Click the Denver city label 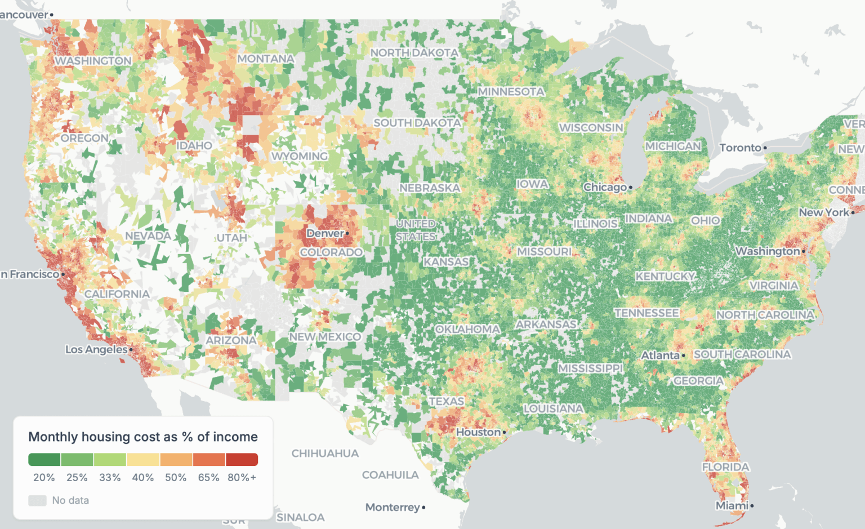pos(325,233)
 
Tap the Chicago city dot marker pos(631,188)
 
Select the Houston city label pos(478,432)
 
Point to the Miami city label pos(732,506)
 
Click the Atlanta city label pos(660,355)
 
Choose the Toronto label pos(740,148)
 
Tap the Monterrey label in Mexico pos(393,507)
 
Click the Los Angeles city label pos(96,349)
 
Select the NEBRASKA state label pos(430,188)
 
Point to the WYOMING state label pos(299,156)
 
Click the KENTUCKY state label pos(665,276)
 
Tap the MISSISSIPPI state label pos(590,368)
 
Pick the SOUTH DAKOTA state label pos(417,123)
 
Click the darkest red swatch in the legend pos(242,460)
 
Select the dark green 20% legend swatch pos(44,460)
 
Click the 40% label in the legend pos(143,478)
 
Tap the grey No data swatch pos(37,500)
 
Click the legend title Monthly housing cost pos(142,437)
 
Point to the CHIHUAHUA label pos(325,454)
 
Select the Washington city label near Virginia pos(767,251)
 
